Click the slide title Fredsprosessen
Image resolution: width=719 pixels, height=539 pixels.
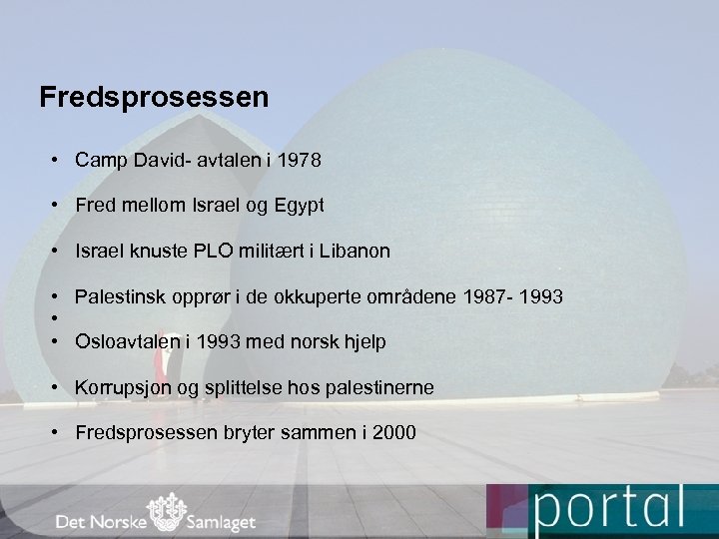[154, 98]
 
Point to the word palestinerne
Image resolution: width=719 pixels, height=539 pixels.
[379, 387]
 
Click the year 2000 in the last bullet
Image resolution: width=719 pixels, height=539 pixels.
[395, 432]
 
